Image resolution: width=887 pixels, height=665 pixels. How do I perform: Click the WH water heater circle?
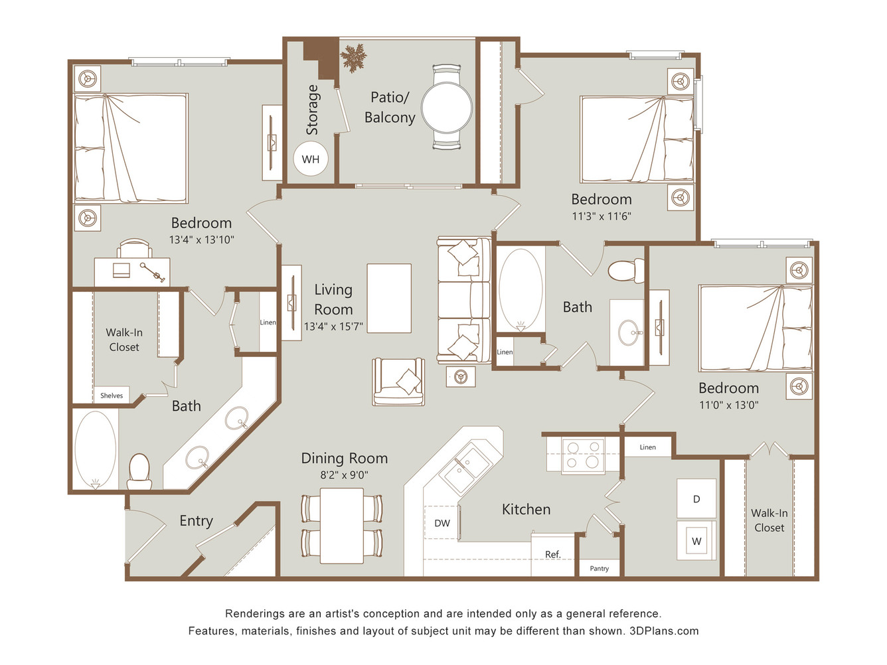pos(310,159)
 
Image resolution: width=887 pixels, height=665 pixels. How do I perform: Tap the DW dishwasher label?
pos(442,523)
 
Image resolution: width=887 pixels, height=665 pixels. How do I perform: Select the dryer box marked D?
pos(696,498)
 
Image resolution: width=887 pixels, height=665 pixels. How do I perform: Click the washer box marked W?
pos(696,541)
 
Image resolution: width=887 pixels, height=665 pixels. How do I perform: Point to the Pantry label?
pos(600,569)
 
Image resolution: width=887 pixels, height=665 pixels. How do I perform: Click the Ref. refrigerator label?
pos(553,554)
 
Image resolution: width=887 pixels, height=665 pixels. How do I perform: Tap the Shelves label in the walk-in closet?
pos(112,396)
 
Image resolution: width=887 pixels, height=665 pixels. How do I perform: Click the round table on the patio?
pos(447,108)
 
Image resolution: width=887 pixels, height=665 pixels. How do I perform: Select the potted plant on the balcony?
pos(353,58)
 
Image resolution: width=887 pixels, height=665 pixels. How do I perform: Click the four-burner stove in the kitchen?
pos(583,455)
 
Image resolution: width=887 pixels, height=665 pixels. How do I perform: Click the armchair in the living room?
pos(398,382)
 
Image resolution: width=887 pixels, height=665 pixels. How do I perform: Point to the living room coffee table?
pos(389,299)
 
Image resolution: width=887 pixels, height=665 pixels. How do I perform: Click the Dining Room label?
pos(345,459)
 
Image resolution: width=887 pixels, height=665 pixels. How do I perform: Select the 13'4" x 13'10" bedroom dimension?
pos(202,240)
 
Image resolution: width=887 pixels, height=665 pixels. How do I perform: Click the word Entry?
pos(197,521)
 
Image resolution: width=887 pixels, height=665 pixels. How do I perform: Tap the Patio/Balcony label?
pos(390,107)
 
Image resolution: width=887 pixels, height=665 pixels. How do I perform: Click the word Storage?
pos(312,110)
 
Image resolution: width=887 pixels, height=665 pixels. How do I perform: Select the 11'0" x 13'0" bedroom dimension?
pos(729,405)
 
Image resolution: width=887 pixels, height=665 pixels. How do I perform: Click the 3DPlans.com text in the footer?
pos(664,630)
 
